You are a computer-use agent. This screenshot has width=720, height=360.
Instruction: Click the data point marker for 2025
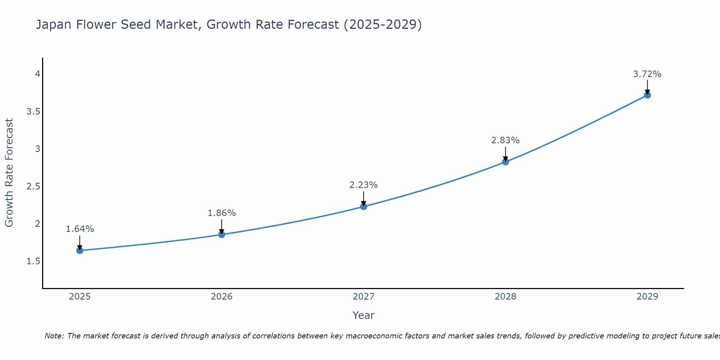(x=80, y=251)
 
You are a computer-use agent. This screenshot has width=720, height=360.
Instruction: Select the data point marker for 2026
(x=222, y=234)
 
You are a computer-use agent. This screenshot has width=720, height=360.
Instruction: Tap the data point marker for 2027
(x=364, y=206)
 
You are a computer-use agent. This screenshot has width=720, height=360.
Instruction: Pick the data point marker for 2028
(x=505, y=162)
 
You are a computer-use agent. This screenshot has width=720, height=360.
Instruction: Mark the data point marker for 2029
(x=647, y=95)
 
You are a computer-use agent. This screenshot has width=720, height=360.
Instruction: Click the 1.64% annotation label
(x=80, y=229)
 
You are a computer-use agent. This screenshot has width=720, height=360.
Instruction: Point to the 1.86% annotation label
(x=222, y=213)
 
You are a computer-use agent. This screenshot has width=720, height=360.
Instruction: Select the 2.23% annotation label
(x=364, y=185)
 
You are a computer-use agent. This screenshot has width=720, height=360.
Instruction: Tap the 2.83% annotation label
(x=505, y=140)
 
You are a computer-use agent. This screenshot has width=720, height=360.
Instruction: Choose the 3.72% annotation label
(x=647, y=74)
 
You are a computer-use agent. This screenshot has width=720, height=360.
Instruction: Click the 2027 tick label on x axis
(x=364, y=297)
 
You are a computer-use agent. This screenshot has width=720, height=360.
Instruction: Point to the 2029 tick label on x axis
(x=647, y=297)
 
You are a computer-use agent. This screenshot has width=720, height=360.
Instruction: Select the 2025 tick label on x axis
(x=80, y=297)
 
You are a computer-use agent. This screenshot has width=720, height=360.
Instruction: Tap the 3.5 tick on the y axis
(x=33, y=112)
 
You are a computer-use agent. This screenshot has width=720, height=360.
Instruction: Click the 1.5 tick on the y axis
(x=33, y=261)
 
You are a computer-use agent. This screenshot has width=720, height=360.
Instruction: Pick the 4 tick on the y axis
(x=37, y=74)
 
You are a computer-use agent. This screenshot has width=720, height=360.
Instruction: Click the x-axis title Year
(x=364, y=315)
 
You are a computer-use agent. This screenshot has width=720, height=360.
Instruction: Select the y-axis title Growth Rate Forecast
(x=9, y=173)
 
